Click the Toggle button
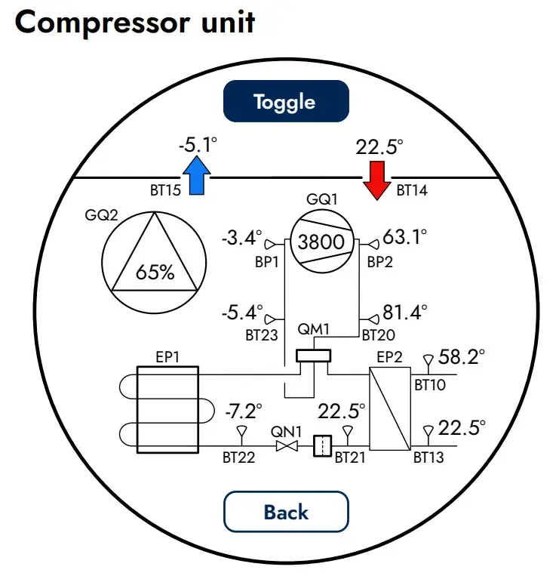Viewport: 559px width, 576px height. pos(286,101)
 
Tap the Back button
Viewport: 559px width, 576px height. pos(286,511)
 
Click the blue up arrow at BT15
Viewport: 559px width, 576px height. pos(197,175)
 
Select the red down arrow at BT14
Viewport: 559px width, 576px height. pos(377,180)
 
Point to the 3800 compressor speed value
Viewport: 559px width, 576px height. pos(321,242)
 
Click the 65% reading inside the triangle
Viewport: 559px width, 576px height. pos(155,273)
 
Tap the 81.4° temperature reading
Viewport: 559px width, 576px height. pos(405,313)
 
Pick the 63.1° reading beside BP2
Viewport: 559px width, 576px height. pos(405,237)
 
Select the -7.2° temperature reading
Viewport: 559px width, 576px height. pos(244,411)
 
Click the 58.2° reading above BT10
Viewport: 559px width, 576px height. pos(462,356)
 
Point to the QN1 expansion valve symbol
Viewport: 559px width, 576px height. pos(287,446)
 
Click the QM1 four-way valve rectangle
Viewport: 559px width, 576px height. pos(314,356)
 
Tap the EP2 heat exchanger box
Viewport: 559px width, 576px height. pos(390,408)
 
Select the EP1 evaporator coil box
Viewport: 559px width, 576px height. pos(167,410)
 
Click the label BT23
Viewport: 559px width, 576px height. pos(261,335)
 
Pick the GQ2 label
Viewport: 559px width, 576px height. pos(101,215)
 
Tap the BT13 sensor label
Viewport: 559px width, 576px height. pos(428,457)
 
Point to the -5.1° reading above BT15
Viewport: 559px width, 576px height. pos(198,144)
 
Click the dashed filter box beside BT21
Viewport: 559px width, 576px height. pos(323,446)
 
